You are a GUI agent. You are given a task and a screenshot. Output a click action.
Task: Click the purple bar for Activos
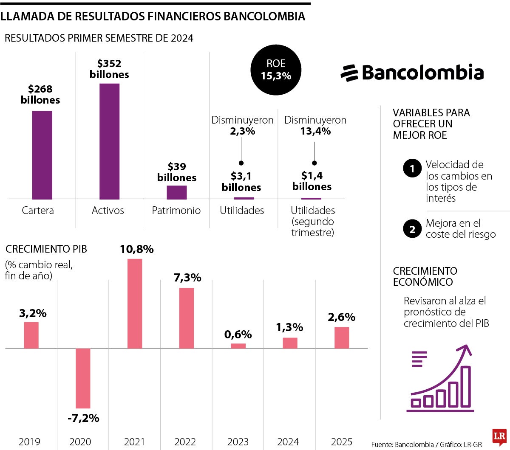click(109, 141)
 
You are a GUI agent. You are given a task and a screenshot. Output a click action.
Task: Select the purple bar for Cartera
click(42, 155)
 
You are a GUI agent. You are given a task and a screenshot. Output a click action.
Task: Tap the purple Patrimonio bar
click(176, 192)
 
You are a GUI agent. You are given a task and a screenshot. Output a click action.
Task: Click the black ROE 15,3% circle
click(276, 70)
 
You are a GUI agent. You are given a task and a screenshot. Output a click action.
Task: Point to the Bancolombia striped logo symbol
click(349, 73)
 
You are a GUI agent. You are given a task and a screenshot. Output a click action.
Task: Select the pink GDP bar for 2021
click(135, 304)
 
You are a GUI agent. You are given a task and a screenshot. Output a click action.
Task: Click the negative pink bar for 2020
click(83, 378)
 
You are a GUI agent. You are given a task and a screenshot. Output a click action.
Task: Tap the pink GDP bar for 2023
click(238, 346)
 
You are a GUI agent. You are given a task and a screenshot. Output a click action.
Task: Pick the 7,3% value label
click(187, 278)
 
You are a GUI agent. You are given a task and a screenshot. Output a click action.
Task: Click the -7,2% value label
click(83, 418)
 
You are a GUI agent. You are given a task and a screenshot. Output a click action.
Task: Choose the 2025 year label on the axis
click(342, 442)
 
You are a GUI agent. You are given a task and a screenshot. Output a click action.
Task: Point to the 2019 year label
click(29, 442)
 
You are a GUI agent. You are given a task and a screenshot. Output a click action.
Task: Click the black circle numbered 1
click(412, 169)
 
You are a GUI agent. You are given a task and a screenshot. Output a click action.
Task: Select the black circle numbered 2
click(412, 229)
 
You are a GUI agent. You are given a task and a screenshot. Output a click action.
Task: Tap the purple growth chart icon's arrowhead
click(466, 350)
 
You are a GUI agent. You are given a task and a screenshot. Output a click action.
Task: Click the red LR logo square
click(500, 436)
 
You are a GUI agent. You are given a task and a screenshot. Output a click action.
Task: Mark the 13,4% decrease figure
click(315, 131)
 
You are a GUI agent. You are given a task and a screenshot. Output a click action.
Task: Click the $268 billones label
click(40, 94)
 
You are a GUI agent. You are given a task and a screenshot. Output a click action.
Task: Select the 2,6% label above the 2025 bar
click(342, 317)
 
